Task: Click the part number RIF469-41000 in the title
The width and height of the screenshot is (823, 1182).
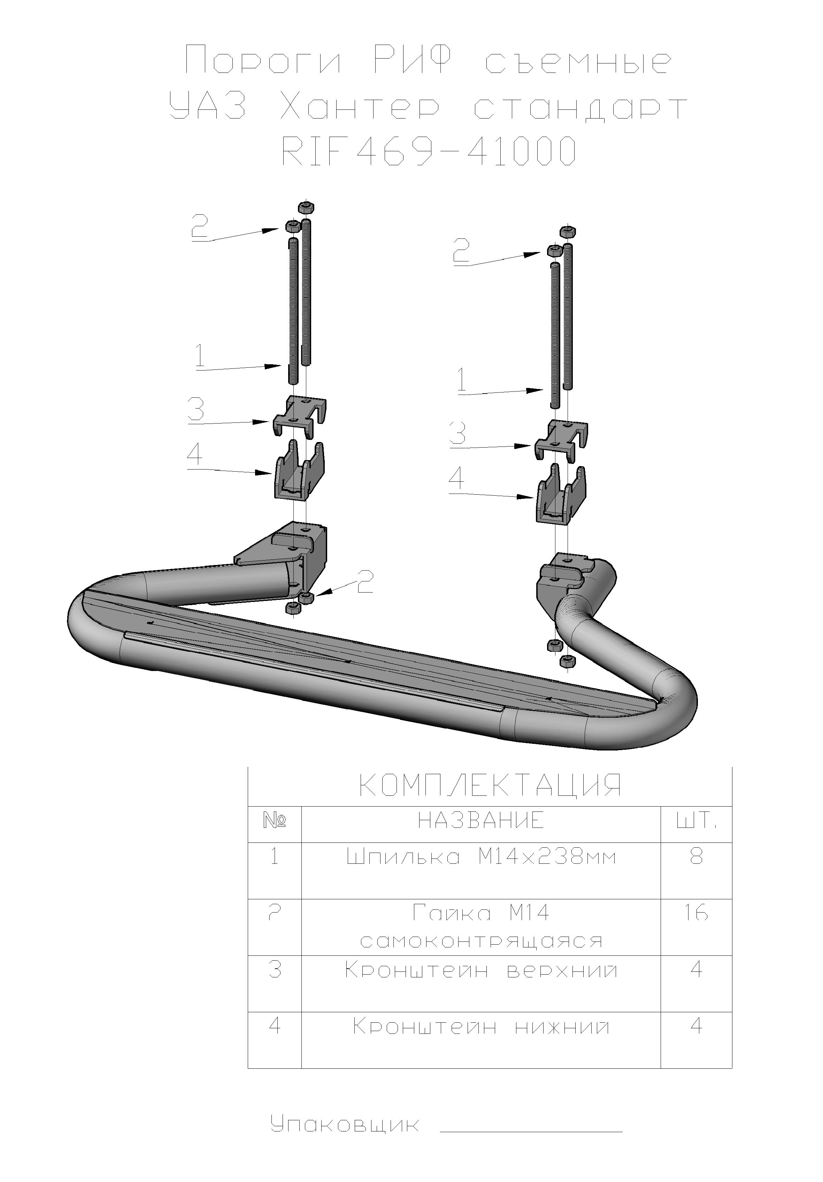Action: tap(428, 151)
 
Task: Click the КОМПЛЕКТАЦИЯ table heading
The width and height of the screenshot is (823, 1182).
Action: tap(490, 800)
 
